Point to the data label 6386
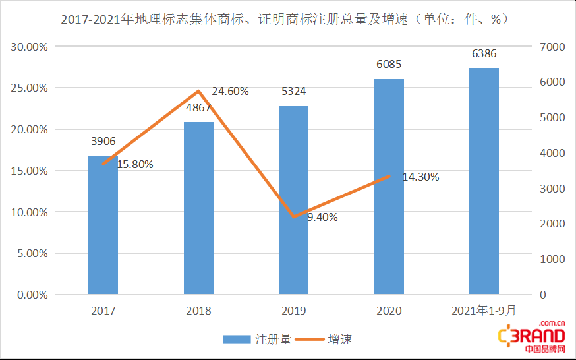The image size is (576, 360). tap(484, 54)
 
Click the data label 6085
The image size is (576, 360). tap(389, 65)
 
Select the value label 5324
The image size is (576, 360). tap(293, 92)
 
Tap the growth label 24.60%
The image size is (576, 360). tap(230, 92)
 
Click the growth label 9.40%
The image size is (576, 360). tap(322, 217)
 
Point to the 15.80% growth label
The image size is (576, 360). tap(135, 165)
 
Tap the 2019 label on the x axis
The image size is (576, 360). tap(293, 311)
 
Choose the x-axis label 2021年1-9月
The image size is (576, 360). tap(484, 311)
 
